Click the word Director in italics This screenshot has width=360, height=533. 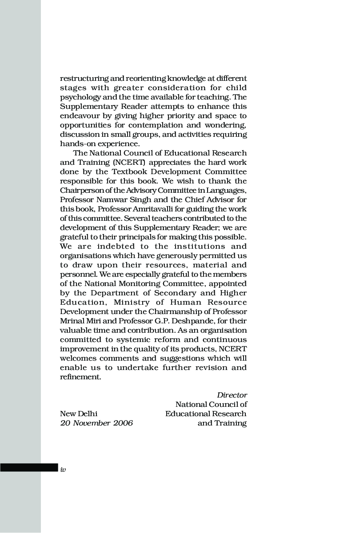232,395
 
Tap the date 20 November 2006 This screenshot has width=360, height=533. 96,423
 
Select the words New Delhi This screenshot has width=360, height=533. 79,414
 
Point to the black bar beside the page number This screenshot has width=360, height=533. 29,468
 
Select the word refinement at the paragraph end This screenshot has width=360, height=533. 80,377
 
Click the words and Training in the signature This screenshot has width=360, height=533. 222,423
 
